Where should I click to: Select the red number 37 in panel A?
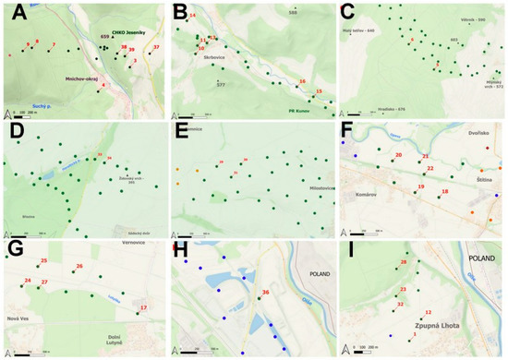click(x=156, y=46)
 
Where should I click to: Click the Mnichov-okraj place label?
click(x=83, y=79)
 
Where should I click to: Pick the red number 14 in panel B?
click(x=193, y=16)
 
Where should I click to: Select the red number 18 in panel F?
click(x=445, y=191)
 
